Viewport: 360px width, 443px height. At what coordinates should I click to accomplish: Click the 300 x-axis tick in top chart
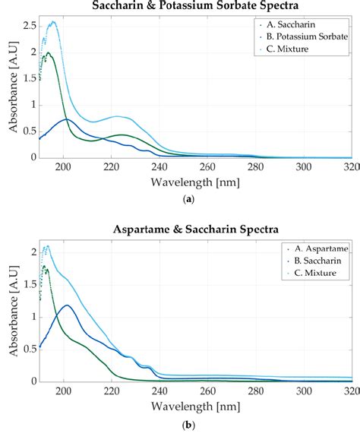(x=303, y=167)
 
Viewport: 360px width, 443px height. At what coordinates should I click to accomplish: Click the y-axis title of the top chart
(x=11, y=87)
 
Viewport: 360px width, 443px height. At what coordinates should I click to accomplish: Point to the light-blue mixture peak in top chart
(x=52, y=22)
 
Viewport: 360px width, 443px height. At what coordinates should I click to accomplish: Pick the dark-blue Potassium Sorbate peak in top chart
(x=66, y=119)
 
